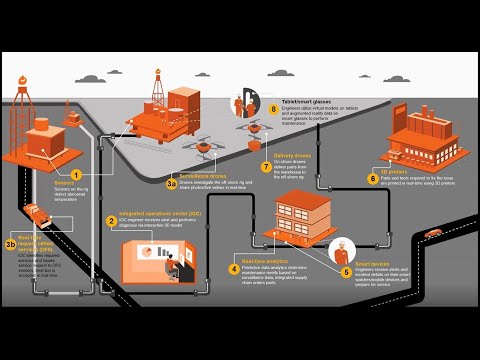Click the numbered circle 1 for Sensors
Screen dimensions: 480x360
pos(103,175)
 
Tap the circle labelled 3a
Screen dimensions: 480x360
pos(171,184)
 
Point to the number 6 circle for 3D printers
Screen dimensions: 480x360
pos(372,180)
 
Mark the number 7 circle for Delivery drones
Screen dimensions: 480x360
pos(266,167)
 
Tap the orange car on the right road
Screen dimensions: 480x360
pos(433,234)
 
